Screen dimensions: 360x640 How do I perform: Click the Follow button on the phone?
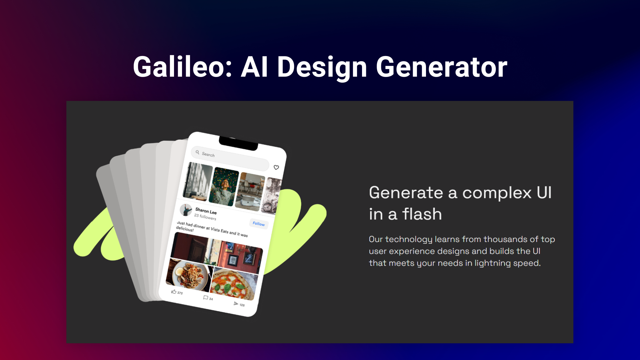point(259,224)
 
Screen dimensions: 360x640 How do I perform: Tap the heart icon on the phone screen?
point(276,167)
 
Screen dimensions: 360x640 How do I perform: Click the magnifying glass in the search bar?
point(197,152)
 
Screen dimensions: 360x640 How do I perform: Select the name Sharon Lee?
point(206,211)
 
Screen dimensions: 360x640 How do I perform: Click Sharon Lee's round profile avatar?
point(186,210)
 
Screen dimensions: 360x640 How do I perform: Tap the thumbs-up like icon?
point(174,291)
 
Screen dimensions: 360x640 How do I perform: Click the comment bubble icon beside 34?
point(206,297)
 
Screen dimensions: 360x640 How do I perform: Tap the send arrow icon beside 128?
point(236,303)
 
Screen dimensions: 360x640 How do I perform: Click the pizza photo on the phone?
point(234,284)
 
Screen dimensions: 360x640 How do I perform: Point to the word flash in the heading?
point(422,214)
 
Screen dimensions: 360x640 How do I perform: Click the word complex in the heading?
point(497,193)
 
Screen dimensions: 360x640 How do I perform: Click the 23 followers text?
point(205,217)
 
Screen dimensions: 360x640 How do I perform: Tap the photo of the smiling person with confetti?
point(224,187)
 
